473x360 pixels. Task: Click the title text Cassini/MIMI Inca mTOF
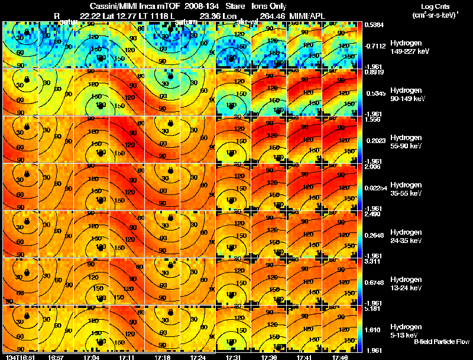[x=125, y=5]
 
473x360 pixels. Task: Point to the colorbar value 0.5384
[x=375, y=25]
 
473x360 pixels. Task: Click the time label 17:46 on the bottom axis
[x=339, y=357]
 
